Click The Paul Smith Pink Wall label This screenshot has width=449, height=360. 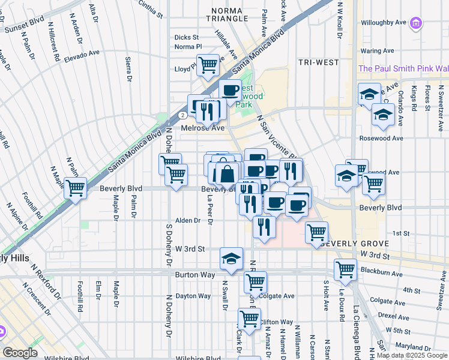pyautogui.click(x=403, y=68)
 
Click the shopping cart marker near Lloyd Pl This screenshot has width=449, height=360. pyautogui.click(x=208, y=65)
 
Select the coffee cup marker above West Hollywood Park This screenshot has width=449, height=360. pyautogui.click(x=230, y=91)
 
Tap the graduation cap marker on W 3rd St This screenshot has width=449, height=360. pyautogui.click(x=231, y=259)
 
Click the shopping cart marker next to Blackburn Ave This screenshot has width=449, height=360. pyautogui.click(x=346, y=270)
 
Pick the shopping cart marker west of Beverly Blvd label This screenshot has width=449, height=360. pyautogui.click(x=76, y=188)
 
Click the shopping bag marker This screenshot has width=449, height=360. pyautogui.click(x=228, y=174)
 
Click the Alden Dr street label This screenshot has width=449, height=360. pyautogui.click(x=188, y=221)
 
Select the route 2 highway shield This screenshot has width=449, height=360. pyautogui.click(x=181, y=115)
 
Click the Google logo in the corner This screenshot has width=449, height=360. pyautogui.click(x=20, y=353)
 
